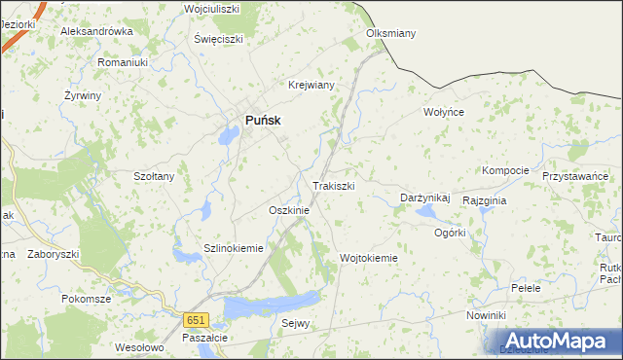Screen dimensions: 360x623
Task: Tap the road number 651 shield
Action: pos(198,320)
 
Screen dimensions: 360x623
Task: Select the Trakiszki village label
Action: pos(333,186)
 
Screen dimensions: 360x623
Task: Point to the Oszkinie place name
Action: pos(288,210)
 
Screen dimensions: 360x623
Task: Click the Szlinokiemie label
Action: pos(234,248)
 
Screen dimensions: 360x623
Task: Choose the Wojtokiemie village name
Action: pos(369,258)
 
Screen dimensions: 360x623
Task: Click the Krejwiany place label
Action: pos(311,85)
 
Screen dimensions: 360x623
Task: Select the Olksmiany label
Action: pos(390,33)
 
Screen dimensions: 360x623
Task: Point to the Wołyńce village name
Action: pos(444,112)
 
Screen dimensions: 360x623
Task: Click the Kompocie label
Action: pos(505,170)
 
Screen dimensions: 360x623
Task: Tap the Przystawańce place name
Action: pos(575,176)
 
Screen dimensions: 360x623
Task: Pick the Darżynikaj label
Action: pos(425,198)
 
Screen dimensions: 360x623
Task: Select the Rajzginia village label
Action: pos(485,199)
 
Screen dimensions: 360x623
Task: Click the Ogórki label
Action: pos(450,233)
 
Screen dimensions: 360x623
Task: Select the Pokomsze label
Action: pos(87,299)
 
